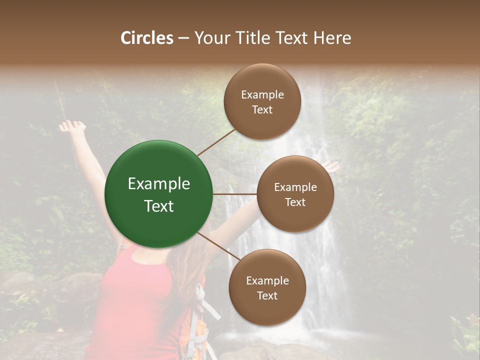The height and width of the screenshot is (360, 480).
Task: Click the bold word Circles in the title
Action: [x=147, y=38]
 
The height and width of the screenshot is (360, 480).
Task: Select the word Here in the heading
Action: [x=332, y=38]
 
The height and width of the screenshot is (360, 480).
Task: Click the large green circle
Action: [x=158, y=194]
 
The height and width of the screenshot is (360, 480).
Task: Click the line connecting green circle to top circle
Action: [x=216, y=142]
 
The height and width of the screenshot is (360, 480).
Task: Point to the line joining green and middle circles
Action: [x=234, y=193]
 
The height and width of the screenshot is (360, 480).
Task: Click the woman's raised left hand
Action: [x=71, y=126]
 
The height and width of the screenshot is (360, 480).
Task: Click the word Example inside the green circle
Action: [x=159, y=184]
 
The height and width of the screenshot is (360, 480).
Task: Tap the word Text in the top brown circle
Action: [x=262, y=109]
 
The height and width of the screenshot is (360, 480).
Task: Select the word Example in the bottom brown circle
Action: [x=267, y=281]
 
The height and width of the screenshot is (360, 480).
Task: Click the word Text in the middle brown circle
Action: [x=295, y=202]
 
